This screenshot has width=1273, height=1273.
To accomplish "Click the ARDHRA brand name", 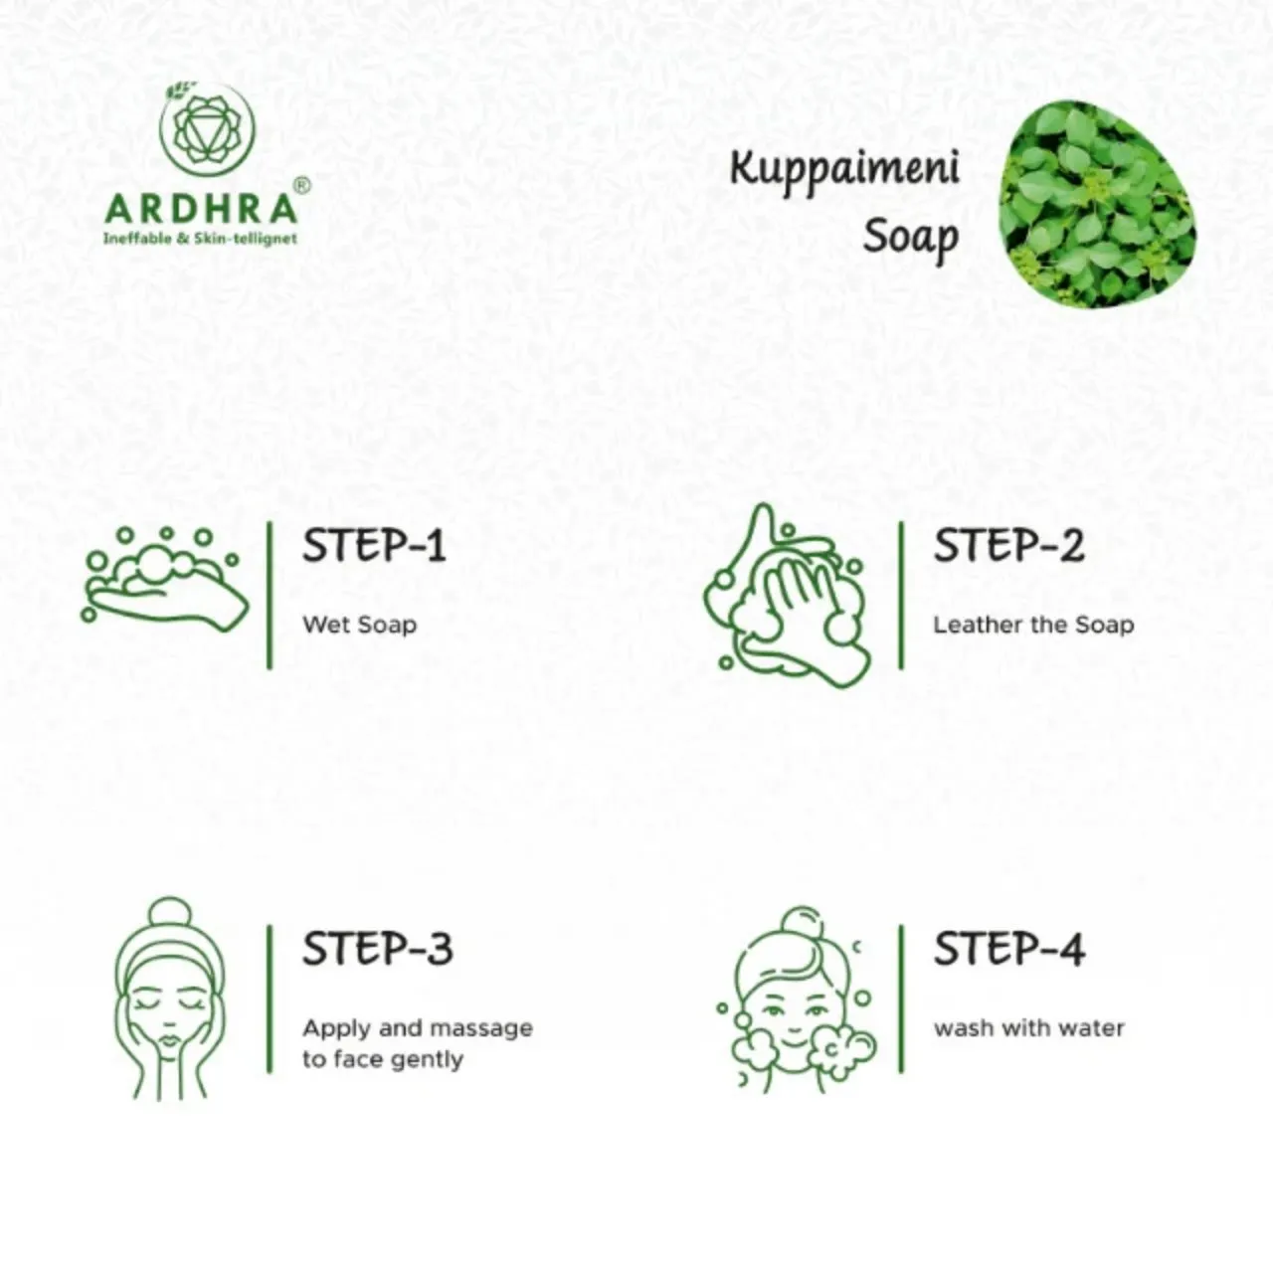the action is point(201,209).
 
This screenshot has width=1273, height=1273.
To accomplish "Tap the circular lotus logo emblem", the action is point(208,129).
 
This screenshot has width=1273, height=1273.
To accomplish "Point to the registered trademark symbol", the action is point(301,185).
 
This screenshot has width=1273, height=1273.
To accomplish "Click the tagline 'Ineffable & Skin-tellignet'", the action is point(200,238).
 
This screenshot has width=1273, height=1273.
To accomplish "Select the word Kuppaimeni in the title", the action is point(844,170).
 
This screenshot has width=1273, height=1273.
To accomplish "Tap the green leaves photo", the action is point(1097,204).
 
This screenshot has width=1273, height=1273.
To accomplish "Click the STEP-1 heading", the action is point(374,546).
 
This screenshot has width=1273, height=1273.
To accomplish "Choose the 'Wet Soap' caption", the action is point(359,625).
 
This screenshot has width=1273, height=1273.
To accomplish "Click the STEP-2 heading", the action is point(1008,546).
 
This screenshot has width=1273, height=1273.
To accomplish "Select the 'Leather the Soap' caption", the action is point(1033,625).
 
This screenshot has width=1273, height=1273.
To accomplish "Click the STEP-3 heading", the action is point(378,949).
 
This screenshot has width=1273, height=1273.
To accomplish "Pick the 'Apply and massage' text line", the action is point(418,1028).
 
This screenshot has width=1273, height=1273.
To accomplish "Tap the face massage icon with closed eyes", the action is point(170,999).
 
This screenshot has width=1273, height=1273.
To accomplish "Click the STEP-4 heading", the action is point(1009,949).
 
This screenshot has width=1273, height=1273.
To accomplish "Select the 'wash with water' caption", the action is point(1029,1028).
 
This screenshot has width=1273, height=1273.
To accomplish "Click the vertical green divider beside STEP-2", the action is point(901,595).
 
